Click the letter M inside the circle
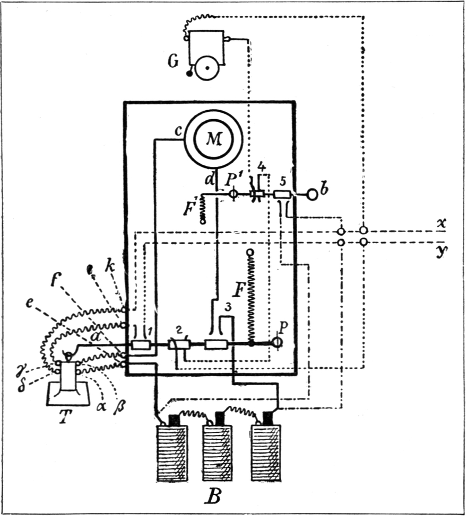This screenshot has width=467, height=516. pyautogui.click(x=214, y=139)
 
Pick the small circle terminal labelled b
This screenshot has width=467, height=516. pyautogui.click(x=312, y=194)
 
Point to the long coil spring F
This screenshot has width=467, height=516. pyautogui.click(x=251, y=297)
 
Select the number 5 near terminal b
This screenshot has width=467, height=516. pyautogui.click(x=282, y=180)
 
